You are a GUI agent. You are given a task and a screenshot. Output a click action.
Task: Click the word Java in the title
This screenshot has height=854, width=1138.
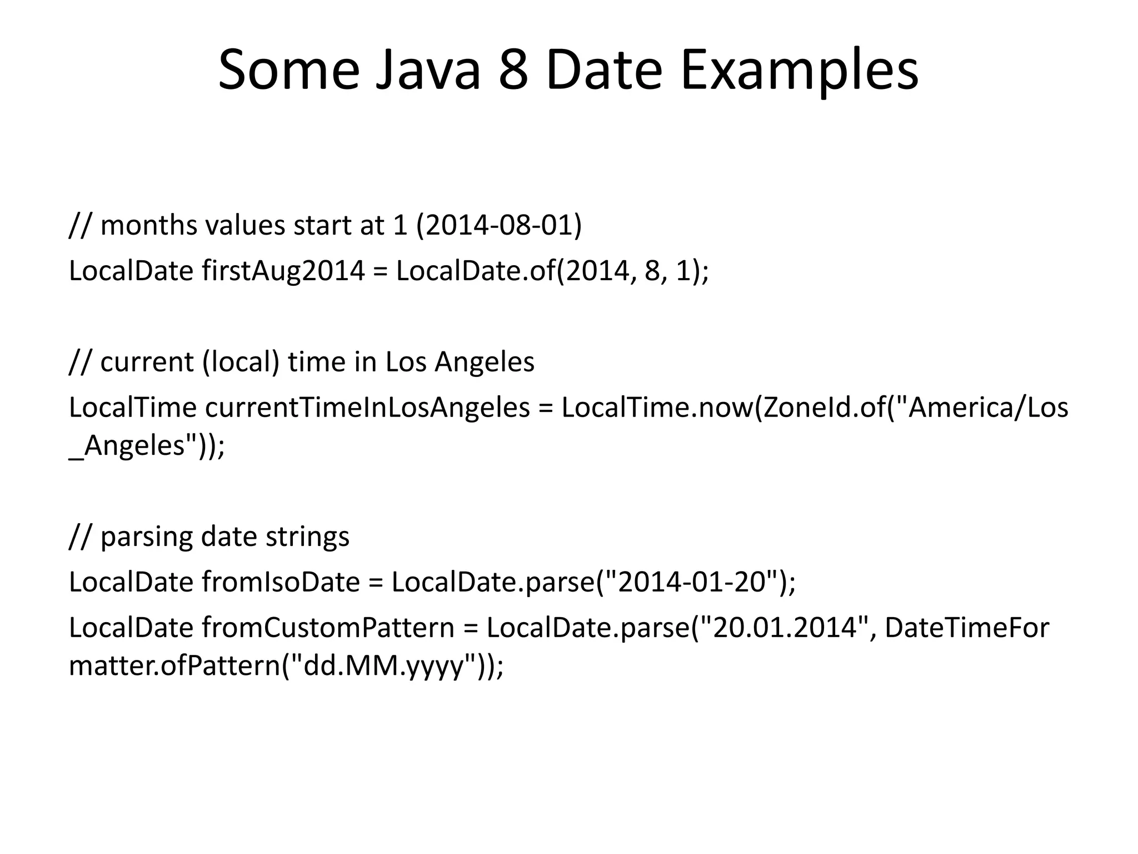click(x=427, y=71)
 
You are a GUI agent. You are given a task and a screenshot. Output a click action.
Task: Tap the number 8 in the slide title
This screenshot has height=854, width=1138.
click(x=513, y=71)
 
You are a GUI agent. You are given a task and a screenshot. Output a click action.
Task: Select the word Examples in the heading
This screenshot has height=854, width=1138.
click(x=800, y=71)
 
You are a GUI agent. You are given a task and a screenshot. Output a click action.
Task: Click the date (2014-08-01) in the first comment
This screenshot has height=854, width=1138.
click(x=498, y=225)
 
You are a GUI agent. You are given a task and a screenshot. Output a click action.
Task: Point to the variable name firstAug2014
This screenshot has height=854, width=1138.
click(x=283, y=271)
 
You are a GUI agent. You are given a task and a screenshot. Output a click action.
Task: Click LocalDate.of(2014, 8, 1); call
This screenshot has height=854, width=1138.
click(x=552, y=271)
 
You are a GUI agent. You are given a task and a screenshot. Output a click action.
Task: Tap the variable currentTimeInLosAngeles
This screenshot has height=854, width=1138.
click(x=367, y=408)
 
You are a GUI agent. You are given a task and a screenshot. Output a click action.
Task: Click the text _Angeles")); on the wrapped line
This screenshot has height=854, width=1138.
click(x=147, y=446)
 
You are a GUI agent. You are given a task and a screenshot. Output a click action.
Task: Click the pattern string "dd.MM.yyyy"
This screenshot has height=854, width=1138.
click(x=384, y=666)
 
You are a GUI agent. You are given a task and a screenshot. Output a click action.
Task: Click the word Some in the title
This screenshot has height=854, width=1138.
click(x=289, y=71)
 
